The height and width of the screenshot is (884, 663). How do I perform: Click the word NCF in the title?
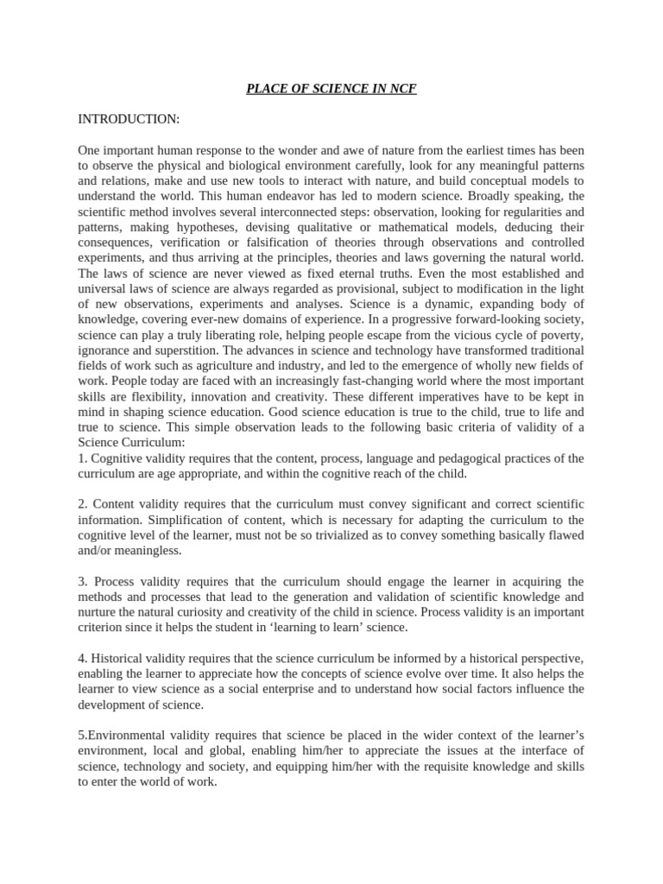[x=403, y=89]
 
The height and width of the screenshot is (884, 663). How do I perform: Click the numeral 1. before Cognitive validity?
[x=82, y=458]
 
